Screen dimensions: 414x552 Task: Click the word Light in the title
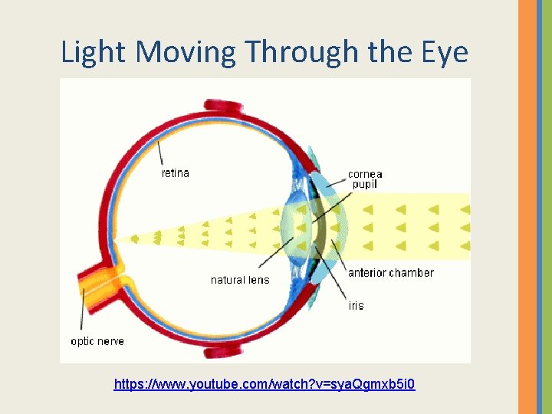[x=86, y=52]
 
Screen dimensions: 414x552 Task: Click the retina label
[x=175, y=173]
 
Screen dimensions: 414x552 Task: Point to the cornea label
[x=365, y=174]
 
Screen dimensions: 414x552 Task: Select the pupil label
[x=365, y=185]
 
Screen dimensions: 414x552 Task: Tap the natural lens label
[x=240, y=280]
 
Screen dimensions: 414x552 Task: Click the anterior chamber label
[x=390, y=273]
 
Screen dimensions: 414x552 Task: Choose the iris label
[x=356, y=305]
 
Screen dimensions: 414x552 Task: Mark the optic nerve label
[x=97, y=341]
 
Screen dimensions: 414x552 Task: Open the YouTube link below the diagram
[x=264, y=383]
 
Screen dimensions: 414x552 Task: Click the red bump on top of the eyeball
[x=223, y=106]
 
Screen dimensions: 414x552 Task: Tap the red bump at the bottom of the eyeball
[x=223, y=353]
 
